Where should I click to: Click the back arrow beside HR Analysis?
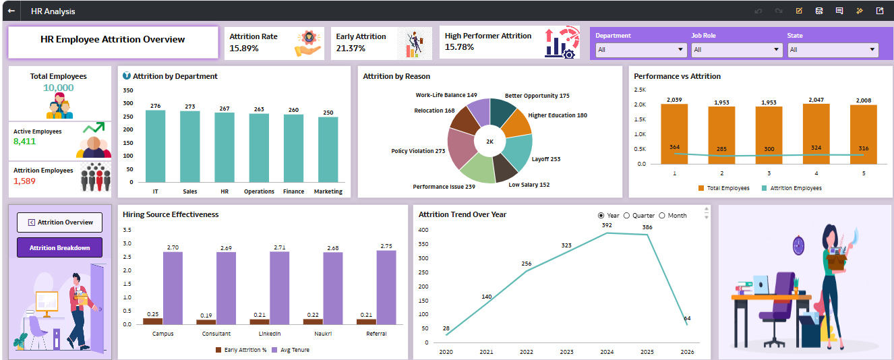point(11,11)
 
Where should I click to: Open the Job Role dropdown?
point(737,49)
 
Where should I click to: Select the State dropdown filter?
point(833,49)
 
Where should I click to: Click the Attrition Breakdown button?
point(59,247)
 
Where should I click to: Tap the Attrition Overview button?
point(59,222)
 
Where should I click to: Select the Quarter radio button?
point(626,216)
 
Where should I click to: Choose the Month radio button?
point(662,216)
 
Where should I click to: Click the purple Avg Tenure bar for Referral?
point(386,287)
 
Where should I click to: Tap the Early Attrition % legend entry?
point(241,350)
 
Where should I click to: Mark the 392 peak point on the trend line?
point(607,233)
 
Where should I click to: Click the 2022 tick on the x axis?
point(527,352)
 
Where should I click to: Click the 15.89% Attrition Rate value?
point(244,48)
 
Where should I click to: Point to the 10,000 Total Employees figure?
point(59,88)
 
